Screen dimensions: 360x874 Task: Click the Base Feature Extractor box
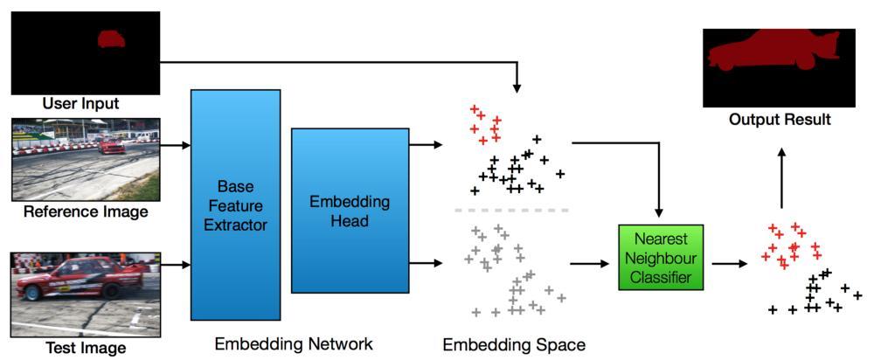pos(235,204)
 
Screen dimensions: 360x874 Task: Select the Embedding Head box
pos(350,211)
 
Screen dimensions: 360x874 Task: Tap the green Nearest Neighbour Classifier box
pos(660,258)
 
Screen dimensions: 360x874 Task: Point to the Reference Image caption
pos(85,211)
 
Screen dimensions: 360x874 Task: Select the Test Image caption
pos(86,348)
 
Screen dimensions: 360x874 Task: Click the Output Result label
pos(780,119)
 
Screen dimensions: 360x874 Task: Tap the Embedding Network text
pos(294,343)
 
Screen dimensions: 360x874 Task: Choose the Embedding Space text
pos(514,344)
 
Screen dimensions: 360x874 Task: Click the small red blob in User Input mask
pos(111,38)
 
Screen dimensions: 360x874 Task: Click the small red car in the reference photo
pos(111,146)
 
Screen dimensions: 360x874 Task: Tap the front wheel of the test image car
pos(34,293)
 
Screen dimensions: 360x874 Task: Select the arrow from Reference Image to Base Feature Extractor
pos(175,145)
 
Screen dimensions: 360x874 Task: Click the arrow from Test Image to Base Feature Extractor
pos(175,265)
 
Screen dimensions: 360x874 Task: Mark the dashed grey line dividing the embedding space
pos(511,211)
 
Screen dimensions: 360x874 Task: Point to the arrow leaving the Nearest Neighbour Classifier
pos(727,263)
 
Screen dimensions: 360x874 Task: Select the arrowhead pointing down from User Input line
pos(517,88)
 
